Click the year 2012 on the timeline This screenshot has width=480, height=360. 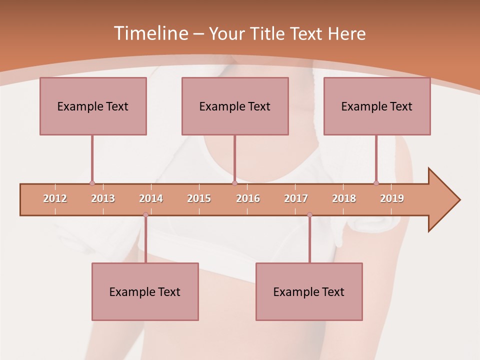tap(55, 198)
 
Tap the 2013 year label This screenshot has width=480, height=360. tap(103, 198)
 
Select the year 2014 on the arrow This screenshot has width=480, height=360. tap(151, 198)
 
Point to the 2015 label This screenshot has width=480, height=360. tap(199, 198)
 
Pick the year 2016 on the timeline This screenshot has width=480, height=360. tap(248, 198)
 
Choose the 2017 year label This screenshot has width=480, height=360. tap(296, 198)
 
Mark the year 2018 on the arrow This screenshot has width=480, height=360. tap(344, 198)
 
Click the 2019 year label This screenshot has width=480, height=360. tap(392, 198)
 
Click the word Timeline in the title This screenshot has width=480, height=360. tap(150, 33)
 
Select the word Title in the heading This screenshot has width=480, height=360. tap(268, 33)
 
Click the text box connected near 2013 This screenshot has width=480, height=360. tap(93, 106)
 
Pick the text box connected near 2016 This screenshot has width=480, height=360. tap(235, 106)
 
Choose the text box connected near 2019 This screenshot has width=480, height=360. tap(377, 106)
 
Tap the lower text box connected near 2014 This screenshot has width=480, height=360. tap(145, 291)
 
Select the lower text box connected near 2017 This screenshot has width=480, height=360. tap(309, 291)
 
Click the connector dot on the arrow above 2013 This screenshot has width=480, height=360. tap(92, 183)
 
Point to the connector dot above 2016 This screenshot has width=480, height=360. tap(234, 183)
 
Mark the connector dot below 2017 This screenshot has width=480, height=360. tap(309, 215)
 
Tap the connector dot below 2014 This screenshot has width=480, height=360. tap(145, 215)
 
